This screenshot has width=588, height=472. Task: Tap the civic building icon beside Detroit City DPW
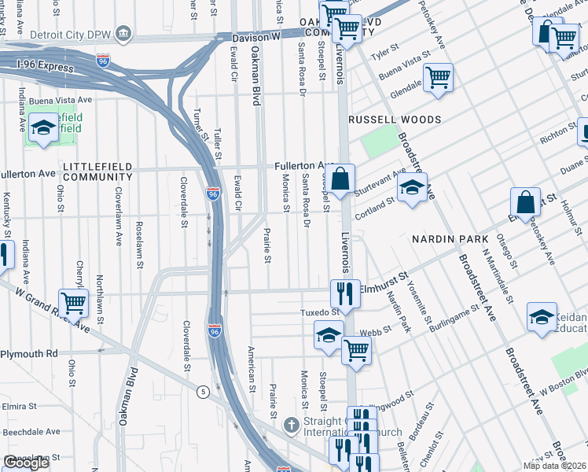tap(123, 34)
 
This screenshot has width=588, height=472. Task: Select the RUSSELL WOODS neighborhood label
tap(395, 120)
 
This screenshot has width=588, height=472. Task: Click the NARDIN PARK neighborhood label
tap(450, 238)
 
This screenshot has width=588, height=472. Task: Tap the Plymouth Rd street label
tap(29, 354)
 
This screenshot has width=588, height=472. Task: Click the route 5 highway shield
tap(203, 391)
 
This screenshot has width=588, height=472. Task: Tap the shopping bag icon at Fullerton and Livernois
tap(340, 179)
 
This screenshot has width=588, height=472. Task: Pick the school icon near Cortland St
tap(411, 189)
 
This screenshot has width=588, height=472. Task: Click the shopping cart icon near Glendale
tap(438, 78)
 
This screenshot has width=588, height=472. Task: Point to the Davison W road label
tap(256, 37)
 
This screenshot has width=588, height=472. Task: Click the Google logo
tap(25, 463)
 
